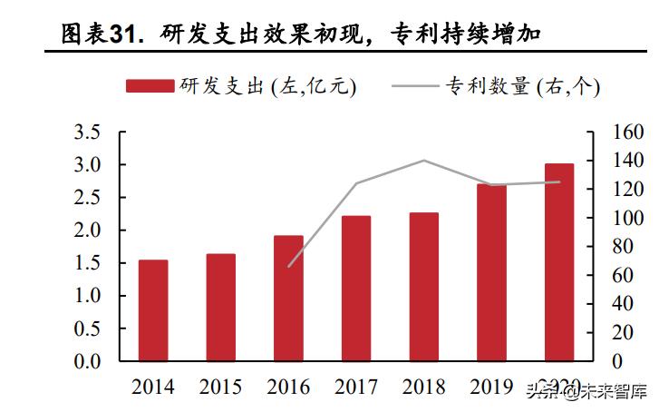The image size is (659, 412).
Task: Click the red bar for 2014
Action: pyautogui.click(x=153, y=310)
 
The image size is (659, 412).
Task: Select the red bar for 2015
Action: pyautogui.click(x=220, y=308)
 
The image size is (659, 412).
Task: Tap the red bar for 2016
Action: pyautogui.click(x=288, y=299)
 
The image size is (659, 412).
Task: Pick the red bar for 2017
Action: pyautogui.click(x=356, y=289)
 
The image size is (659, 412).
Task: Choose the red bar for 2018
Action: pyautogui.click(x=423, y=287)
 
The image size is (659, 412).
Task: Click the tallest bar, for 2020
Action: pyautogui.click(x=559, y=262)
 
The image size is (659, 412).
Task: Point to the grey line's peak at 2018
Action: pyautogui.click(x=424, y=161)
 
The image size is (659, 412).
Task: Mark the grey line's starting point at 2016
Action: pyautogui.click(x=289, y=266)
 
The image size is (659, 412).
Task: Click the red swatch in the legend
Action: pyautogui.click(x=150, y=86)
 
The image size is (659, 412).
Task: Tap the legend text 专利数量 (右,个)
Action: pyautogui.click(x=522, y=86)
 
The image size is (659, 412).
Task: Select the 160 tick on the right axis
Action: pyautogui.click(x=625, y=132)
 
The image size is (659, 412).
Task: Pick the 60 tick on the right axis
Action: pyautogui.click(x=619, y=276)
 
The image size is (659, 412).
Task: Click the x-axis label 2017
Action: pyautogui.click(x=356, y=387)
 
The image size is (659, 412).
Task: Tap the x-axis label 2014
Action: pyautogui.click(x=153, y=387)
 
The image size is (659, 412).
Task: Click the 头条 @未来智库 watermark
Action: pyautogui.click(x=589, y=392)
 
